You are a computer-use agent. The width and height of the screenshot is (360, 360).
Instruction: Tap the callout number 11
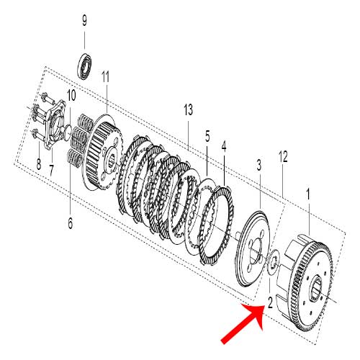[x=105, y=76]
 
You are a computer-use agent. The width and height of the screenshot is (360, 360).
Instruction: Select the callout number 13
[x=189, y=109]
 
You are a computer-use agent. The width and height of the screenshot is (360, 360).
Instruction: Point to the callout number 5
[x=207, y=135]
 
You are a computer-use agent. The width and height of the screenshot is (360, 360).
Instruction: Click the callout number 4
[x=224, y=146]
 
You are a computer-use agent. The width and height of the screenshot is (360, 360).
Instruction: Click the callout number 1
[x=309, y=194]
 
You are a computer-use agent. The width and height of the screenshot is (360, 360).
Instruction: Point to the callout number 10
[x=71, y=95]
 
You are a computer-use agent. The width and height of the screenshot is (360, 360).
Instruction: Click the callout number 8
[x=38, y=165]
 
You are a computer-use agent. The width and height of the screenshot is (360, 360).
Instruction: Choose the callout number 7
[x=51, y=169]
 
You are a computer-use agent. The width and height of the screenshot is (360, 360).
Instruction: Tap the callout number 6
[x=71, y=223]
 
